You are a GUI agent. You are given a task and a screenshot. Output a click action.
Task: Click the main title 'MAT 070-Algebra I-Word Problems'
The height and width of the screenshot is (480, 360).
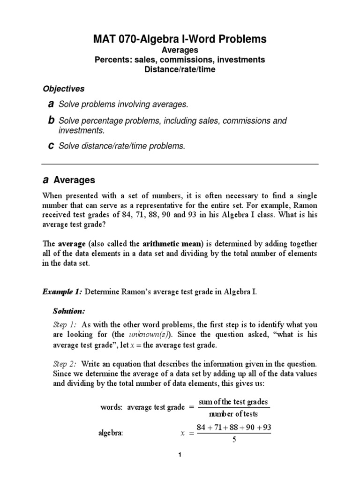point(180,39)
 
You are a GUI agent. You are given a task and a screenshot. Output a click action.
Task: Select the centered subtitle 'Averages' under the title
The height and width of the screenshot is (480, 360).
point(180,50)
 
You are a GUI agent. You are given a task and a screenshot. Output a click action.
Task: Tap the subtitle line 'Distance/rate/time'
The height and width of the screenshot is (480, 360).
point(180,70)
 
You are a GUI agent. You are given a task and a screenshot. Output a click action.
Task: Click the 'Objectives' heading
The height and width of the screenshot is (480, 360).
point(64,88)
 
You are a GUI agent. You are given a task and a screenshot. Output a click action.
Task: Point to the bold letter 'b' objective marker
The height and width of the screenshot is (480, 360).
point(51,120)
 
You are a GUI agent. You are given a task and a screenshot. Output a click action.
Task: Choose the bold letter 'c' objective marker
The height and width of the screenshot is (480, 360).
point(51,146)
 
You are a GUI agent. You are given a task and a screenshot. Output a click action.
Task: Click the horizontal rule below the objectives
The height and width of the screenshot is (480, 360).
point(180,164)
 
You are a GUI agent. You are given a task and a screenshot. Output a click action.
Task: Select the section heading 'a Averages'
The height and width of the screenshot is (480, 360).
point(69,180)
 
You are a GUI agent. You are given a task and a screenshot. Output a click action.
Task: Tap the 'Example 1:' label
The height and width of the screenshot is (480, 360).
point(62,292)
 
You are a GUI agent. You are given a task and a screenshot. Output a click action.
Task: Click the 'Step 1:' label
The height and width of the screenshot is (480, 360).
point(64,324)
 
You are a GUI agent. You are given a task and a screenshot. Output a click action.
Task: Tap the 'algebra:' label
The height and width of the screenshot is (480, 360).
point(110,434)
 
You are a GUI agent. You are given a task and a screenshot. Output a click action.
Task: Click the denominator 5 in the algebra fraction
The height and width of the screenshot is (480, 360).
point(233,440)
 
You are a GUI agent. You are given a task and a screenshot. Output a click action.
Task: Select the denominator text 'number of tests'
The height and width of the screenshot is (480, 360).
point(233,414)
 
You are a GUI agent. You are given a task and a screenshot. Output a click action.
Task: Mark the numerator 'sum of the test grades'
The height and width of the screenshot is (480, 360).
point(233,402)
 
